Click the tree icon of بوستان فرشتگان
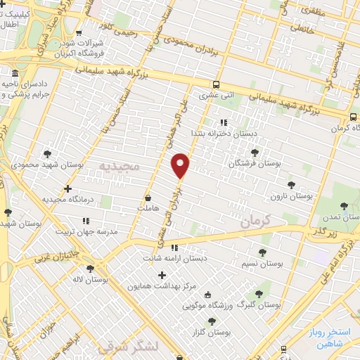[x=254, y=153]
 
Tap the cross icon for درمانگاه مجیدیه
[x=67, y=188]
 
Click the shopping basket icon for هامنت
[x=148, y=199]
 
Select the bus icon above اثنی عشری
[x=216, y=82]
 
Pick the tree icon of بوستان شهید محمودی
[x=46, y=153]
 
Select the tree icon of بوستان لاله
[x=89, y=269]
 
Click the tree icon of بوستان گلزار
[x=202, y=320]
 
